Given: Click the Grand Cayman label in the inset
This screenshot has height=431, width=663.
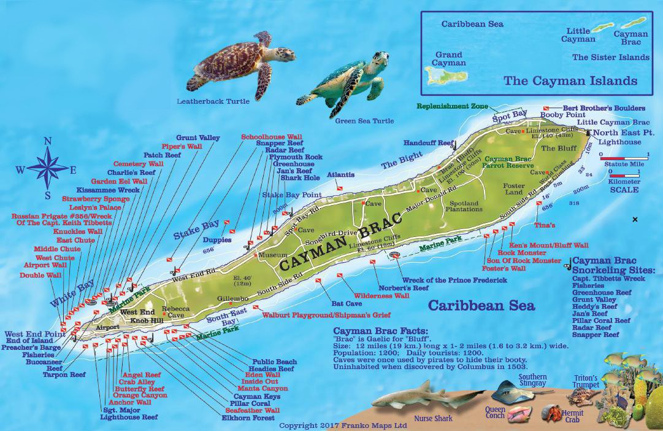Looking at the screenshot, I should pos(449,58).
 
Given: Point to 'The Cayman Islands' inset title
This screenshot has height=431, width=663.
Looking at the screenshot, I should pos(570,80).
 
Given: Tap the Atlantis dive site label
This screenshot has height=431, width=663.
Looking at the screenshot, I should pos(340,174).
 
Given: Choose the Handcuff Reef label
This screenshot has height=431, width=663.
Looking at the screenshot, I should pos(428,141).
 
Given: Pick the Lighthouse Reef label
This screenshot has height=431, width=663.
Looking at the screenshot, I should pos(129,417).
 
